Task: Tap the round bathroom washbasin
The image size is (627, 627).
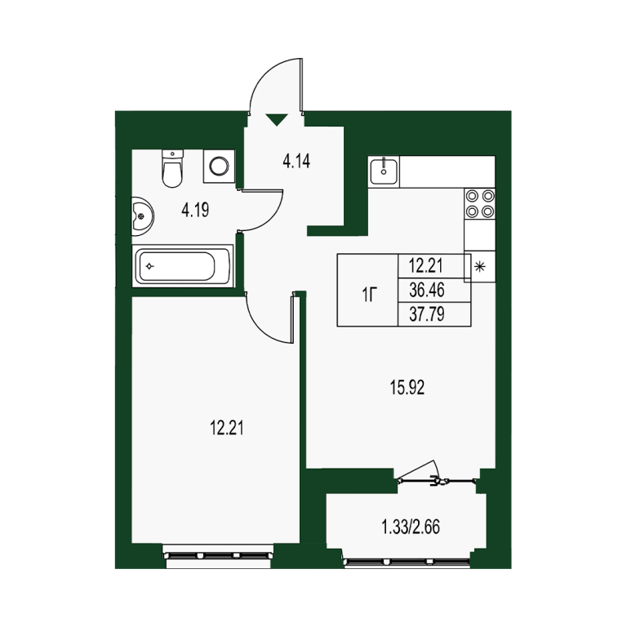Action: click(x=142, y=216)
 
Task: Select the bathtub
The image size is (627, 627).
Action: click(x=183, y=266)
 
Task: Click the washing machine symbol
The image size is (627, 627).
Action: click(x=219, y=166)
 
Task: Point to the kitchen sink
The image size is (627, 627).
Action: click(x=384, y=171)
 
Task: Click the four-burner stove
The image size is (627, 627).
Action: click(x=479, y=203)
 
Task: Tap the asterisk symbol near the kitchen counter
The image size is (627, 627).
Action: click(x=479, y=267)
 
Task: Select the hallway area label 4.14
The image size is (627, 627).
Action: click(x=296, y=162)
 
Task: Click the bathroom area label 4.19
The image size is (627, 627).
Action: click(x=195, y=210)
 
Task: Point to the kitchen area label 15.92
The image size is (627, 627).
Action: click(x=407, y=388)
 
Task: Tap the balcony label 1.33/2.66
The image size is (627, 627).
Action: click(x=411, y=527)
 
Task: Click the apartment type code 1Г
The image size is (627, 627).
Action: click(x=370, y=296)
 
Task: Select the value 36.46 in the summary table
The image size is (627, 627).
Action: click(x=427, y=290)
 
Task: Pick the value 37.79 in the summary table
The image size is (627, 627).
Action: click(x=427, y=314)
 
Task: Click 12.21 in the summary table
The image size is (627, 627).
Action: click(x=426, y=266)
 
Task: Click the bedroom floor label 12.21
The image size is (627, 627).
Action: click(x=227, y=429)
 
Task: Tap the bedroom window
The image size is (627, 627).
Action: click(x=218, y=555)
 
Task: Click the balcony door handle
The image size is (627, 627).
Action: click(x=434, y=480)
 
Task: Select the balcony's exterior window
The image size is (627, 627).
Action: click(x=407, y=562)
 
